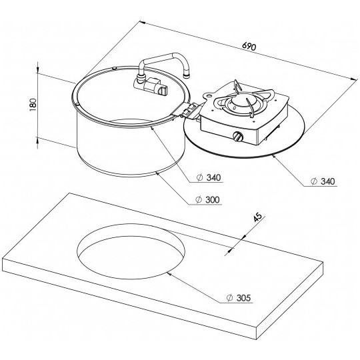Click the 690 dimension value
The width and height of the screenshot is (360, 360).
tap(249, 47)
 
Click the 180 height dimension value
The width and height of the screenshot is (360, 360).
tap(33, 105)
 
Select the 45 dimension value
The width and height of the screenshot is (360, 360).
tap(258, 217)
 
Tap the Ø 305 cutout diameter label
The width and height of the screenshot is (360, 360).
tap(239, 298)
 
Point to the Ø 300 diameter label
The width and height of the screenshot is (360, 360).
tap(207, 199)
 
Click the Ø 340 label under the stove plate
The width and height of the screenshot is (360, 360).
tap(323, 181)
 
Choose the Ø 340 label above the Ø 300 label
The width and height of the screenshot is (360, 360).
tap(209, 177)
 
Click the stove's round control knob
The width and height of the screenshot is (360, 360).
tap(237, 137)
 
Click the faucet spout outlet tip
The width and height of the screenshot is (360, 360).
tap(187, 75)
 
